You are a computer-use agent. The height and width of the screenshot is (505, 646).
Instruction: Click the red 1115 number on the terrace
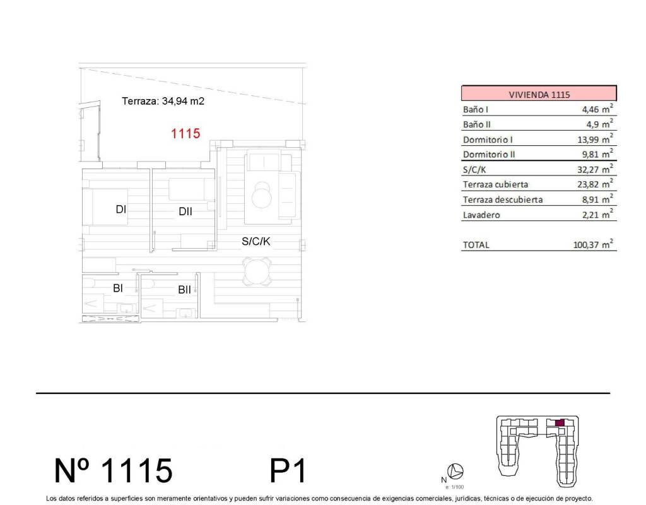[x=185, y=133]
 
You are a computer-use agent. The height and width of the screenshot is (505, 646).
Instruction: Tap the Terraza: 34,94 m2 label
[x=163, y=101]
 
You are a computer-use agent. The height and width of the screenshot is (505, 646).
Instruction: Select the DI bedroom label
[x=120, y=210]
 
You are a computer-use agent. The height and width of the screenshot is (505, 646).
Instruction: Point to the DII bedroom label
[x=185, y=211]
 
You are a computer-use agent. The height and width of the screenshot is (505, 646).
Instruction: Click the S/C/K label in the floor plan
[x=256, y=241]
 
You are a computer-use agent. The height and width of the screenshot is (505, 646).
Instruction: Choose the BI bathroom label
[x=118, y=288]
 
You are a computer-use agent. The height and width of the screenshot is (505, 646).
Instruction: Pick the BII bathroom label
[x=185, y=290]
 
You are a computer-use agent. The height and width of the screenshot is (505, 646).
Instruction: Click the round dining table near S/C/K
[x=257, y=271]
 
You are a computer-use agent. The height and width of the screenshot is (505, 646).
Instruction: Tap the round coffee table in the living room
[x=262, y=195]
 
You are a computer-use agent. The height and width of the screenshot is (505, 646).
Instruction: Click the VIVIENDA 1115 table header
[x=539, y=93]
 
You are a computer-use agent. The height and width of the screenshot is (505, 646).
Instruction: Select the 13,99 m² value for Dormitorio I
[x=595, y=139]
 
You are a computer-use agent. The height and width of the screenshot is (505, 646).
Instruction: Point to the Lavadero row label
[x=481, y=215]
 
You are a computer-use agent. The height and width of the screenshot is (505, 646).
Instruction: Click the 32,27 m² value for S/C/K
[x=595, y=169]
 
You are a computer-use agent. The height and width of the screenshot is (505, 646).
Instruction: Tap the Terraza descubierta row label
[x=503, y=199]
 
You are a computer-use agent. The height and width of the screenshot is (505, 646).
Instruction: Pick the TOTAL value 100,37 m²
[x=593, y=244]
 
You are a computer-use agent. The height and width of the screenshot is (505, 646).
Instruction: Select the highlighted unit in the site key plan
[x=560, y=423]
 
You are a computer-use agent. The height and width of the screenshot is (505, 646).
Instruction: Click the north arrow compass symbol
[x=455, y=471]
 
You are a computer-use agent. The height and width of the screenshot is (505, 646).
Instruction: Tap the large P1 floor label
[x=288, y=470]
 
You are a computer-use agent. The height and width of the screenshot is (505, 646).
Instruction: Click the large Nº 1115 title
[x=114, y=470]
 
